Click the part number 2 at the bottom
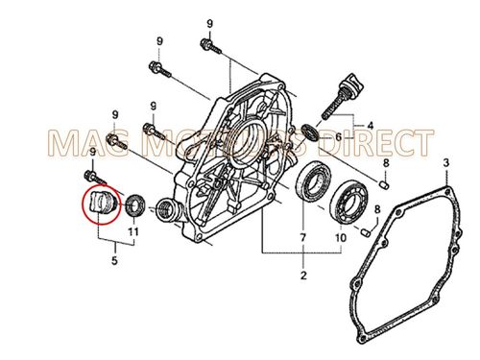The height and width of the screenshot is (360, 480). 302,277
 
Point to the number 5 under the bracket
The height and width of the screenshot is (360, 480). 115,259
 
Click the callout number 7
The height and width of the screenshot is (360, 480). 301,237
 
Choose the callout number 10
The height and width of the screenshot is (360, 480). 340,237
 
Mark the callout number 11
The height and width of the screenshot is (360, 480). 132,231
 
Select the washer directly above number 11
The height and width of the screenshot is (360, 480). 134,204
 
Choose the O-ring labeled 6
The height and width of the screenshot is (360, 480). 309,131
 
